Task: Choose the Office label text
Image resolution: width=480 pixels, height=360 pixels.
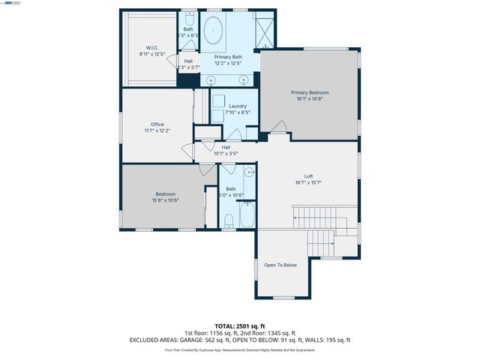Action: (x=157, y=124)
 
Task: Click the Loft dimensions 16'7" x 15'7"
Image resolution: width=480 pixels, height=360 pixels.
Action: (x=308, y=182)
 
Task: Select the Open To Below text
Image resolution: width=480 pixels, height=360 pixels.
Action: (x=280, y=265)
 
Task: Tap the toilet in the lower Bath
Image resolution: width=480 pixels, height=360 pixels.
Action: (x=229, y=220)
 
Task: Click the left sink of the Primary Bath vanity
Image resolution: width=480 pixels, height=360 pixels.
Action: (x=211, y=79)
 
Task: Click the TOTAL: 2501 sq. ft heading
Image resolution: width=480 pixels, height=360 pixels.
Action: (x=240, y=326)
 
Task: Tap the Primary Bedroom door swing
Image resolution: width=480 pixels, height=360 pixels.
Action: (x=277, y=130)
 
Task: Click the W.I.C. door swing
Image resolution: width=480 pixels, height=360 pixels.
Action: (x=172, y=62)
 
